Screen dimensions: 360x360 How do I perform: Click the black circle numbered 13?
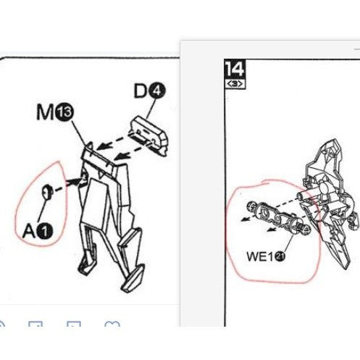click(64, 112)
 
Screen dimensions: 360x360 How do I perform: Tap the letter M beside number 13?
click(46, 112)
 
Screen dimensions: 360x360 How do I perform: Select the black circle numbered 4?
click(157, 91)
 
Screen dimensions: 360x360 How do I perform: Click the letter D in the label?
click(141, 91)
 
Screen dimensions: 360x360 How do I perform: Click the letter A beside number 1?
click(29, 231)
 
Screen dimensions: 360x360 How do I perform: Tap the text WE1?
click(260, 256)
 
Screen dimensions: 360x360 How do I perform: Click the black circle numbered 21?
click(280, 256)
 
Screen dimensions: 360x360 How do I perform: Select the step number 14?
click(235, 69)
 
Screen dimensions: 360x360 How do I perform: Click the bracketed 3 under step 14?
click(235, 84)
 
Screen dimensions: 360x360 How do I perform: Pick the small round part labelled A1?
click(46, 192)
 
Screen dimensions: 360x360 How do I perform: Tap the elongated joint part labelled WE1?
click(277, 217)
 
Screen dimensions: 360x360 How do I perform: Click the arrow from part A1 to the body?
click(68, 185)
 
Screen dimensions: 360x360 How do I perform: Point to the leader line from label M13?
click(79, 134)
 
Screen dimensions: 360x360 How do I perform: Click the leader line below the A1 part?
click(42, 211)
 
